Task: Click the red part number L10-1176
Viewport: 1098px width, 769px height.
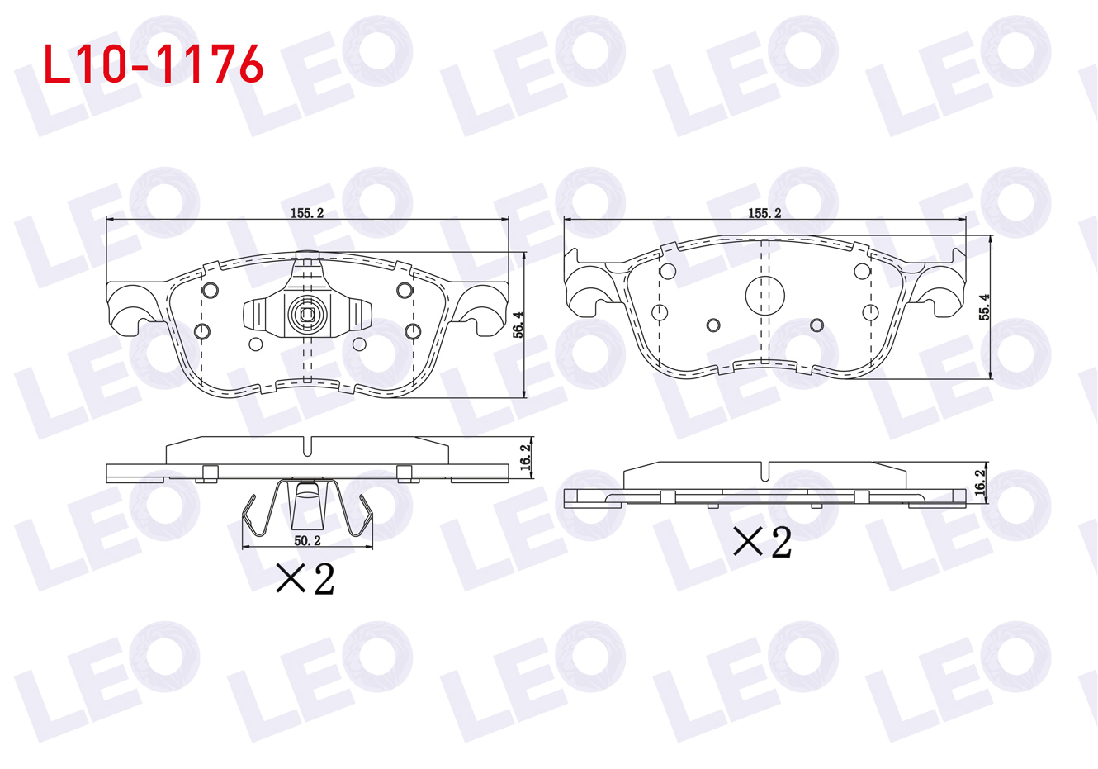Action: pyautogui.click(x=154, y=64)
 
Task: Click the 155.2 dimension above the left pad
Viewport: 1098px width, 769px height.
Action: pyautogui.click(x=307, y=213)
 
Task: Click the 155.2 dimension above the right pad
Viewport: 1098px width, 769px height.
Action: pyautogui.click(x=764, y=213)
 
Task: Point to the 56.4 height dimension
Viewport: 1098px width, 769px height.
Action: pyautogui.click(x=518, y=325)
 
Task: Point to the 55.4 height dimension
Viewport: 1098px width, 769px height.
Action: pyautogui.click(x=984, y=307)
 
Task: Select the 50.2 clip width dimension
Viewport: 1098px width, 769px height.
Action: pyautogui.click(x=307, y=540)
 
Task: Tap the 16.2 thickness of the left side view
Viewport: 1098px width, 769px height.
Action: pyautogui.click(x=525, y=458)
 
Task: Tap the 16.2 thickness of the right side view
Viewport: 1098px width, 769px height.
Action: pyautogui.click(x=979, y=482)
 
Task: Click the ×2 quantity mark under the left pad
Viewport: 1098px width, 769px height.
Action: pyautogui.click(x=305, y=579)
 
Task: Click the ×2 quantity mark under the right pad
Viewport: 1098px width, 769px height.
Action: pyautogui.click(x=762, y=542)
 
